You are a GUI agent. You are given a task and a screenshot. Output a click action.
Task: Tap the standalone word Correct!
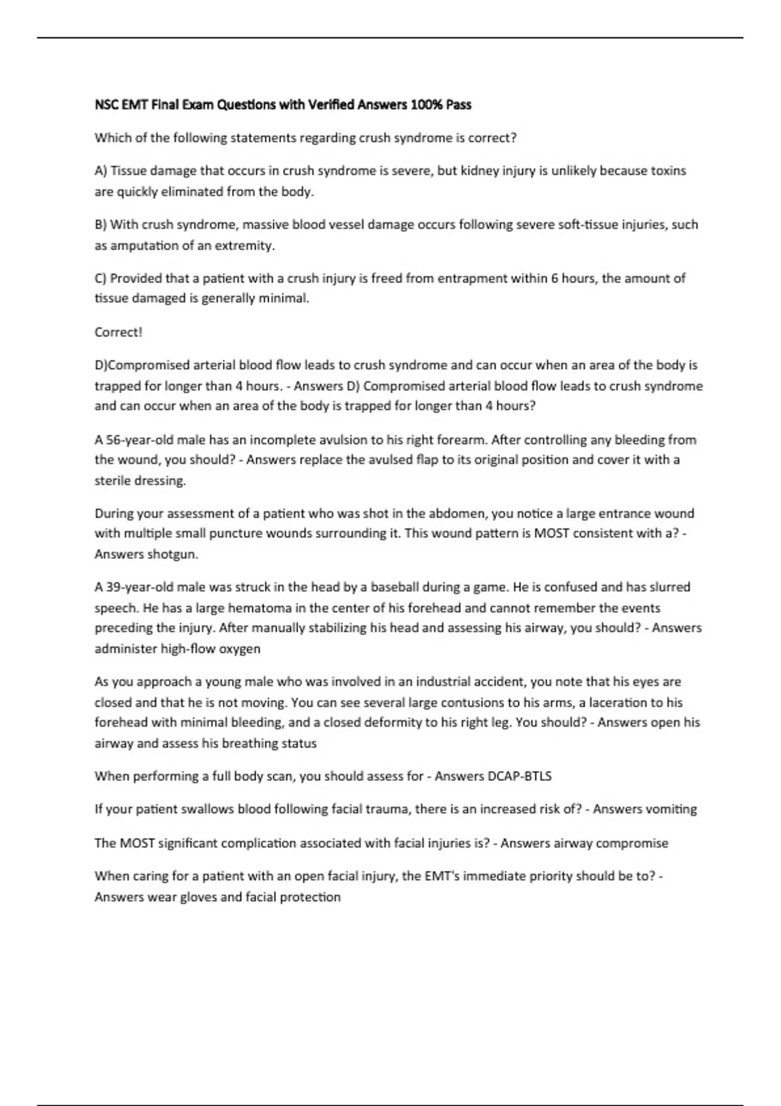[118, 332]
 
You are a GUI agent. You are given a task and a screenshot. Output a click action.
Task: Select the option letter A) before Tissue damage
[100, 171]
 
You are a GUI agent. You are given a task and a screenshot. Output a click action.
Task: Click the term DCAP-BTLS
[519, 776]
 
